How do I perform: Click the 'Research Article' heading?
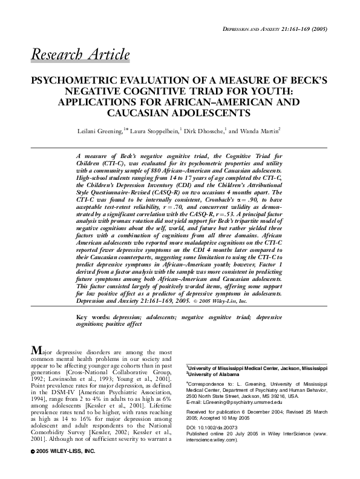click(x=80, y=56)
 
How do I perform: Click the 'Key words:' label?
click(x=91, y=301)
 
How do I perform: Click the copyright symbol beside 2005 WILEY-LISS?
click(x=32, y=469)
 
